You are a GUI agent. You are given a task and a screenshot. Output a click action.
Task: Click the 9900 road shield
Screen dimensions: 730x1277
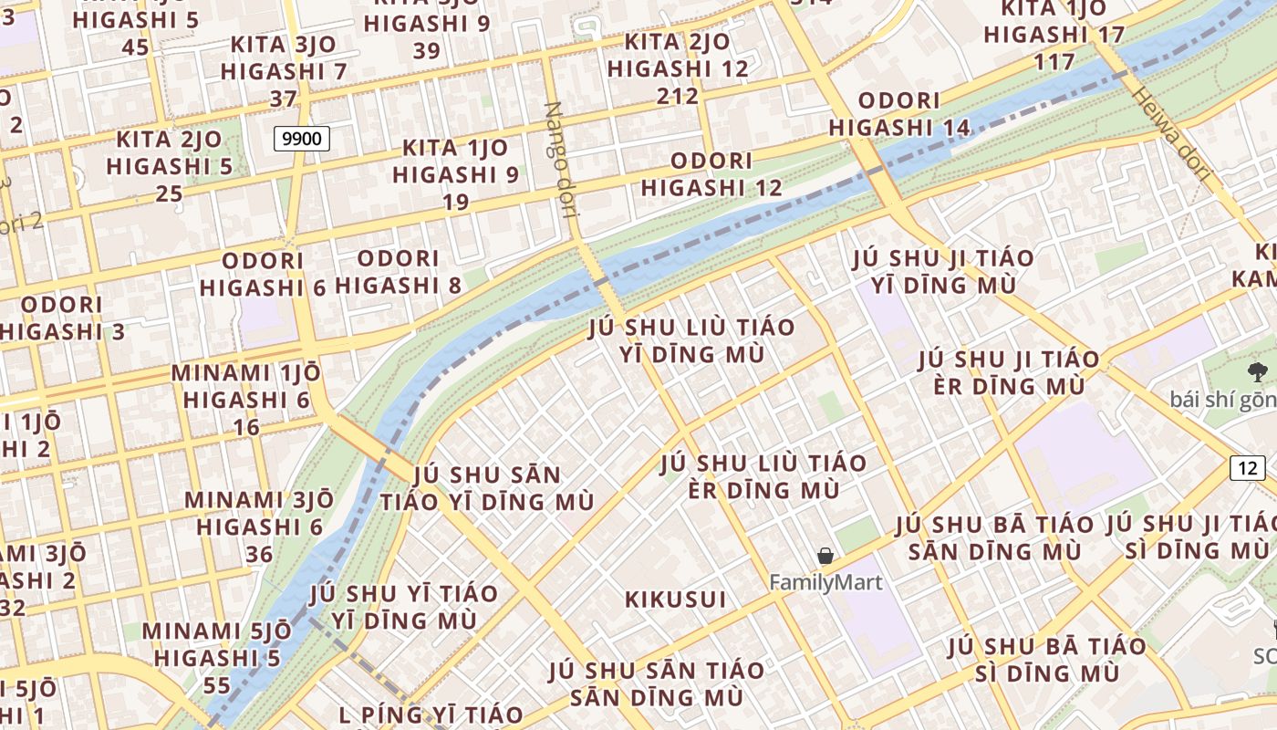(301, 139)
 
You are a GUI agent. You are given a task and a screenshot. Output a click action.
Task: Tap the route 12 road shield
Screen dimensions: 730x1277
(1247, 468)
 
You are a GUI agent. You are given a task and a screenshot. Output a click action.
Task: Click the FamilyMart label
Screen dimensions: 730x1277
(825, 581)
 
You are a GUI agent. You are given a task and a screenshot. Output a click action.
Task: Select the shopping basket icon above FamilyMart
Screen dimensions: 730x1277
(825, 556)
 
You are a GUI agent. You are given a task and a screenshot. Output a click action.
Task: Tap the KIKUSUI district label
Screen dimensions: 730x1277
(676, 600)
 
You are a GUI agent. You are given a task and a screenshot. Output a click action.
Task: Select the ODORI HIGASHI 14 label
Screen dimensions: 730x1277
(899, 114)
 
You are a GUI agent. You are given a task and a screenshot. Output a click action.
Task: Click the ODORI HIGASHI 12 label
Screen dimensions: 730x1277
(711, 174)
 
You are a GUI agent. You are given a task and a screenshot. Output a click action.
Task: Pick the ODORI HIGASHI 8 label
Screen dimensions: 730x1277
(399, 272)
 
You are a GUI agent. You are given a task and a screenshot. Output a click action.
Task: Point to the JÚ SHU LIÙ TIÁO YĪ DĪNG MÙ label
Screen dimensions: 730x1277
(692, 340)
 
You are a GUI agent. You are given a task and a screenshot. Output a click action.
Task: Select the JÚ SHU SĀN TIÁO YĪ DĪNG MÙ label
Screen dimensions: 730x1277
(487, 488)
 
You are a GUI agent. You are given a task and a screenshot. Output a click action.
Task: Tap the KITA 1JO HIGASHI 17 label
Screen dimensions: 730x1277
(1054, 35)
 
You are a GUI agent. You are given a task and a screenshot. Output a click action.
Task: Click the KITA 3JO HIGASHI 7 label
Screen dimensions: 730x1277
(284, 70)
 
